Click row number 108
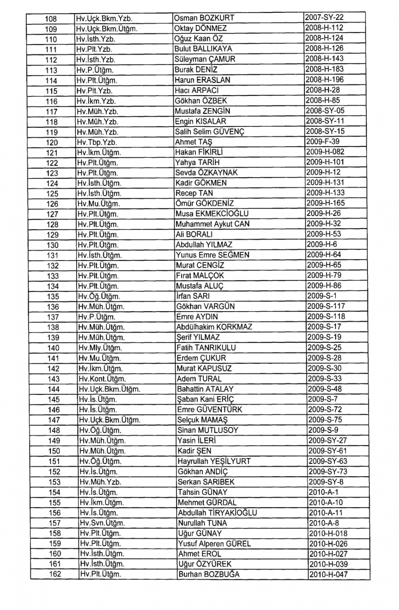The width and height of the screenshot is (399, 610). click(51, 19)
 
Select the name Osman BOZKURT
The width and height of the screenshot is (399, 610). click(204, 18)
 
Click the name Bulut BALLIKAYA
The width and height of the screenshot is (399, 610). click(203, 49)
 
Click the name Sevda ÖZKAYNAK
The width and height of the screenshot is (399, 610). click(206, 173)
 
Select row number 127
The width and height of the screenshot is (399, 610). click(52, 214)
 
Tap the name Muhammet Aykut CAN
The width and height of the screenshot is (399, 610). click(213, 224)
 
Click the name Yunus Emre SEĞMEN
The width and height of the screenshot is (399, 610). click(213, 255)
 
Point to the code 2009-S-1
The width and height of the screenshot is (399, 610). click(322, 296)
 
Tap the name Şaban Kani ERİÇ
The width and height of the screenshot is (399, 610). click(205, 399)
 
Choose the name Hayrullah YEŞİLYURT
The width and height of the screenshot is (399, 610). click(214, 461)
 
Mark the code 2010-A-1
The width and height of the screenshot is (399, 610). click(324, 492)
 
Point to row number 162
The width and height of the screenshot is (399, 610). click(55, 574)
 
